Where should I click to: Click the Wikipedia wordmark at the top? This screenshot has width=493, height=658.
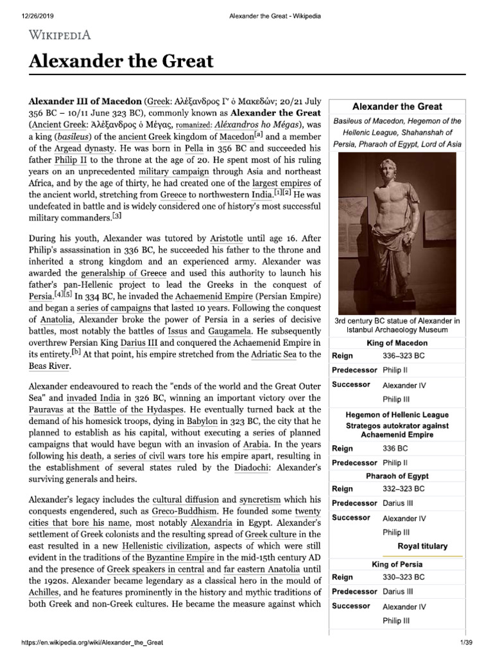[x=62, y=34]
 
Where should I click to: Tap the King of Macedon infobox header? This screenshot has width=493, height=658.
[x=397, y=343]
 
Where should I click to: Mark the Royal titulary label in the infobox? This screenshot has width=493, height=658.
[x=422, y=546]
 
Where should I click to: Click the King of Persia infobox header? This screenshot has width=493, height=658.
[x=397, y=564]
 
